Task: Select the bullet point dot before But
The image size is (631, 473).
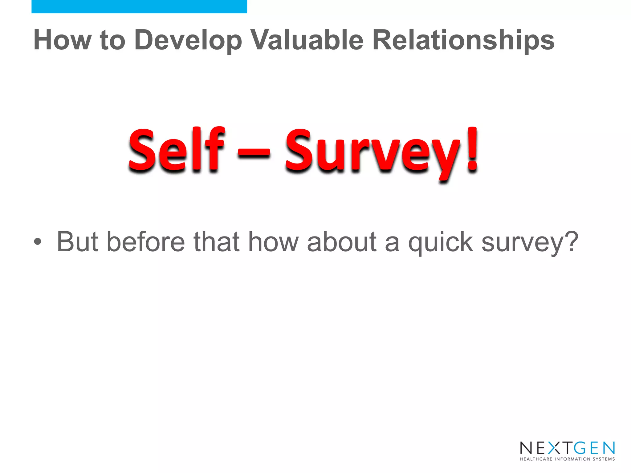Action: pyautogui.click(x=38, y=242)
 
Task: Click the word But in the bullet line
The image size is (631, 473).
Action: pyautogui.click(x=78, y=242)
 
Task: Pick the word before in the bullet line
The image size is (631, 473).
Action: pyautogui.click(x=146, y=242)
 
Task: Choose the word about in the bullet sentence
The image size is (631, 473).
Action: pyautogui.click(x=342, y=242)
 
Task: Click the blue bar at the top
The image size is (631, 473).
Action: pyautogui.click(x=139, y=6)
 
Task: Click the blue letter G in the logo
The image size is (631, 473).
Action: pyautogui.click(x=580, y=448)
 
